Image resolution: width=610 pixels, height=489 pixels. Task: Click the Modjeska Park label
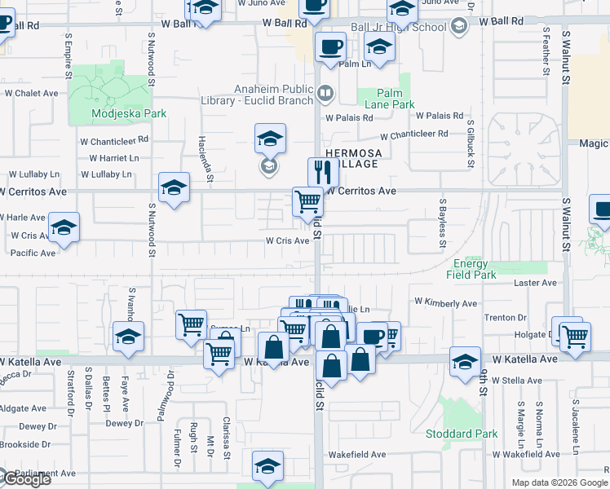[x=129, y=114]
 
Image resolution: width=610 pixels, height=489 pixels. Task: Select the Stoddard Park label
[x=461, y=434]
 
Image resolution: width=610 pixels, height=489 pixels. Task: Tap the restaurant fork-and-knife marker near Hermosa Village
[x=323, y=173]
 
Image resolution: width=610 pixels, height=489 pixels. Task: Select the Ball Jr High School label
[x=399, y=27]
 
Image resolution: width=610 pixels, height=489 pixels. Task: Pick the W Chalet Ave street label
[x=31, y=93]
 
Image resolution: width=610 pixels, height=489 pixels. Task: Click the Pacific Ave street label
[x=33, y=253]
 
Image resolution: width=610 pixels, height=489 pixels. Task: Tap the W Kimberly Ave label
[x=445, y=303]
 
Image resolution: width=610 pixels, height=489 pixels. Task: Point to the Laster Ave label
[x=535, y=283]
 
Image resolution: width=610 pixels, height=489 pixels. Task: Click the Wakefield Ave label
[x=356, y=454]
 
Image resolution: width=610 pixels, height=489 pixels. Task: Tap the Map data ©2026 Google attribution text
[x=559, y=482]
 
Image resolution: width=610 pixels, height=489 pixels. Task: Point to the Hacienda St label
[x=209, y=159]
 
